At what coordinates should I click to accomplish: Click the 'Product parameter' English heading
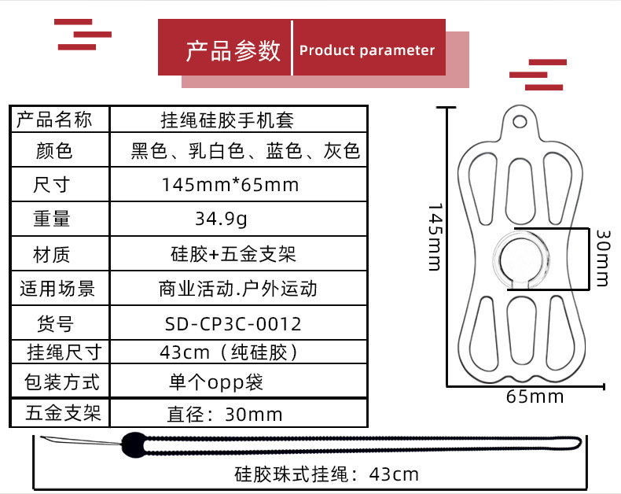click(x=367, y=50)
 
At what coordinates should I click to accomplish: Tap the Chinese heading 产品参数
click(x=233, y=50)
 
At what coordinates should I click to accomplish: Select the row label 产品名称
click(x=55, y=120)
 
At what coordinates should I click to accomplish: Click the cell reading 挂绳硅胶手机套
click(x=227, y=120)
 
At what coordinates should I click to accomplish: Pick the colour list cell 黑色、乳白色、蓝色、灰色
click(x=245, y=151)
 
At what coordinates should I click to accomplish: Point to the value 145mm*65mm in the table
click(x=230, y=185)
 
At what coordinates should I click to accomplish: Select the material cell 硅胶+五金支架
click(x=233, y=254)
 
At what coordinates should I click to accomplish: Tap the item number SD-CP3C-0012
click(x=233, y=323)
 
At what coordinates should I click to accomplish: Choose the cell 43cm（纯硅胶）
click(x=230, y=352)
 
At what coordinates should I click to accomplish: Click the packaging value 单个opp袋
click(x=216, y=382)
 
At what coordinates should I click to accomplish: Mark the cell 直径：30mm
click(x=225, y=414)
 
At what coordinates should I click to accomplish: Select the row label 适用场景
click(x=57, y=289)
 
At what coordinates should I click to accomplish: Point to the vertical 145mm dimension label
click(x=435, y=237)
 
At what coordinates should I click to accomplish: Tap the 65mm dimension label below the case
click(x=535, y=396)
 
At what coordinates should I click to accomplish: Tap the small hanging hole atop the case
click(x=520, y=121)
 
